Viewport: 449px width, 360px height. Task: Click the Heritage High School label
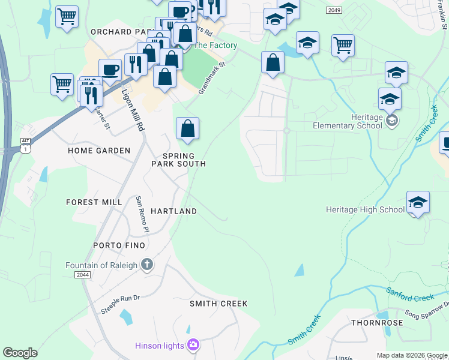(365, 209)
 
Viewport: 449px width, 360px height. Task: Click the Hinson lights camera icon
(193, 344)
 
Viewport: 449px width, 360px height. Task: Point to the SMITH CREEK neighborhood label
(218, 304)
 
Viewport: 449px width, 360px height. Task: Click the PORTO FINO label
(119, 245)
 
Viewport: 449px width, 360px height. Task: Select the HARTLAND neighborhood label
(173, 211)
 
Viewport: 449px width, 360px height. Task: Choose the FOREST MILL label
(94, 202)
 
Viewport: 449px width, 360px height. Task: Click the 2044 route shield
(83, 274)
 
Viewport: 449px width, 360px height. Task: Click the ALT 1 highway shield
(25, 144)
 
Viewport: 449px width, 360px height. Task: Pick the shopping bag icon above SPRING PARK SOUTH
(187, 128)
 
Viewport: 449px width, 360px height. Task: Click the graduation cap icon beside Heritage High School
(418, 203)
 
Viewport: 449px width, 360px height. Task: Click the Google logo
(20, 352)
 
